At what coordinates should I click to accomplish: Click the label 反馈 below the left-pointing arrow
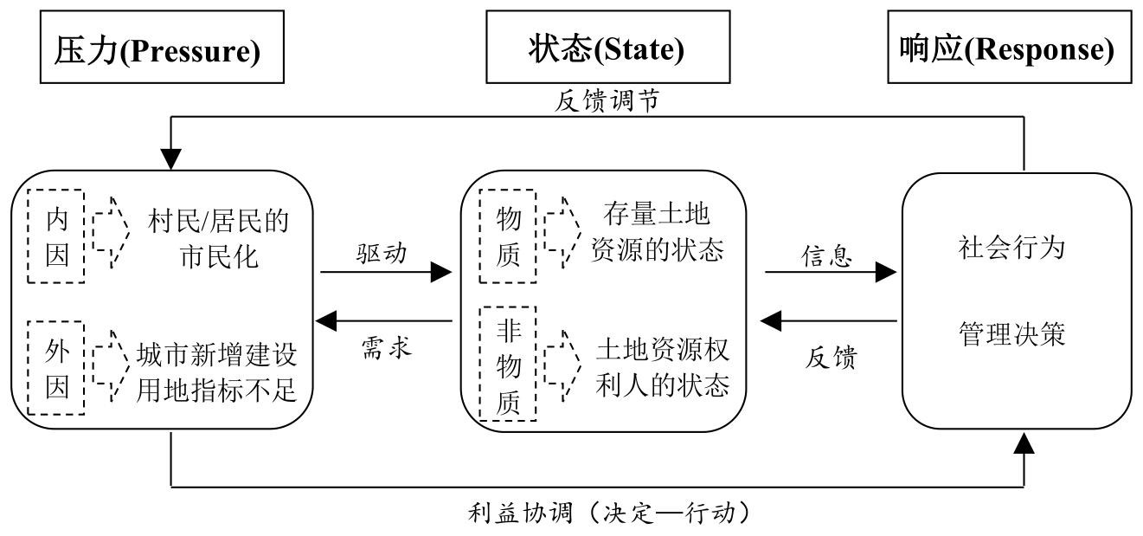(831, 357)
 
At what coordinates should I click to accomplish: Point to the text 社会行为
(1011, 249)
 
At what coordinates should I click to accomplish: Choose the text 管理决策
(1011, 333)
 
